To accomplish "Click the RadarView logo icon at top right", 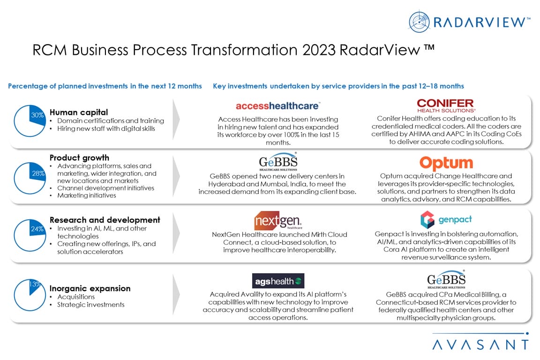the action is point(419,22).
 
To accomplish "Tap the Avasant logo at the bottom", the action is point(480,341).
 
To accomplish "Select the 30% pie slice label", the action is point(37,115).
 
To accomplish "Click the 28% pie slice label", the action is point(38,173).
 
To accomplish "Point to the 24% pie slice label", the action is point(37,229).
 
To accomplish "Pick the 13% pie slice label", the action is point(35,284).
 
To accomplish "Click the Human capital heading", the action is point(79,112).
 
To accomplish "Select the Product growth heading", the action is point(79,158).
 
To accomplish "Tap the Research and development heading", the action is point(105,220).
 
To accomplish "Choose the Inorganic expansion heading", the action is point(90,288).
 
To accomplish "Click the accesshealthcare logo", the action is point(278,106).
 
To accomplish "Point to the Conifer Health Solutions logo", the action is point(446,105).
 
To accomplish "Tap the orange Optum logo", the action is point(446,163).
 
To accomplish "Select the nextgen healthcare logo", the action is point(278,220).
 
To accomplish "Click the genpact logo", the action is point(446,220).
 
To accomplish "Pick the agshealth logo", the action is point(278,281).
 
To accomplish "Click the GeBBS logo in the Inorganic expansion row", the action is point(446,279).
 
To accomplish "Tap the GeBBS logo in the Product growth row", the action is point(278,162).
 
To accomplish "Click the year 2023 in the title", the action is point(319,50).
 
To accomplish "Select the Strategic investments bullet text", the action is point(90,305).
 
